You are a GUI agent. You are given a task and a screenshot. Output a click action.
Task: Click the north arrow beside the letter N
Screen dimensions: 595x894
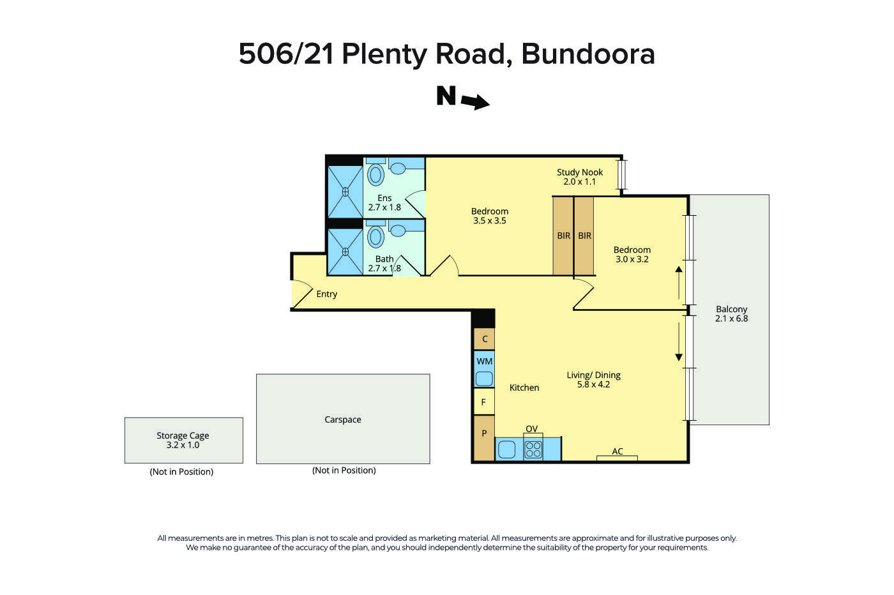(475, 102)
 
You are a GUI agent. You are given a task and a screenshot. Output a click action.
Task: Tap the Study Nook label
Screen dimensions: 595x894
(579, 177)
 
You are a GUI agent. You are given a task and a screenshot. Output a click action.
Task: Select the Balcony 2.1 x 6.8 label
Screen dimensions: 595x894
(731, 313)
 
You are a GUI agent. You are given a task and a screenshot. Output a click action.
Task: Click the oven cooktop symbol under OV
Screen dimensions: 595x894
(533, 449)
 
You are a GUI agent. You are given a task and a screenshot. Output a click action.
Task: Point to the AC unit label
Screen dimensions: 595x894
(617, 452)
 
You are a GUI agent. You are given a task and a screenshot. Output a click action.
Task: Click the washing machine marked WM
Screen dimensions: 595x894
(484, 370)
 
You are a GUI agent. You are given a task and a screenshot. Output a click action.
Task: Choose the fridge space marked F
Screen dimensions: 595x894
(483, 402)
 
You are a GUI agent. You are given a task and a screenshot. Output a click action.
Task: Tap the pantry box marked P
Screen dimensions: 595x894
(484, 434)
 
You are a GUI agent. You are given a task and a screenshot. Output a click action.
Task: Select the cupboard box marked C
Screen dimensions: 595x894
(485, 339)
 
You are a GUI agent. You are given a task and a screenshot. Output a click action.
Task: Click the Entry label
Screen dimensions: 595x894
(326, 294)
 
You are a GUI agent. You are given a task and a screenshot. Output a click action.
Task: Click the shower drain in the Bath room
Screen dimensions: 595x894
(345, 252)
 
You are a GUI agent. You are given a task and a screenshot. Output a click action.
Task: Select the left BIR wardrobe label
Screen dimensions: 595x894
(563, 236)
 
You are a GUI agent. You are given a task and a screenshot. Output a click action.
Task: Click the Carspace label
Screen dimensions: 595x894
(343, 419)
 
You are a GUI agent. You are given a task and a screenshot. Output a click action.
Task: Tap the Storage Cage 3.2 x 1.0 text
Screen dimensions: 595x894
(183, 440)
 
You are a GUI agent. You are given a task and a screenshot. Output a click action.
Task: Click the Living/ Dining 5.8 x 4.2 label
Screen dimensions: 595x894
(593, 380)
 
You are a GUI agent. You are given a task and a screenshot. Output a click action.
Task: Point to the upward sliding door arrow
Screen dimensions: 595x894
(679, 282)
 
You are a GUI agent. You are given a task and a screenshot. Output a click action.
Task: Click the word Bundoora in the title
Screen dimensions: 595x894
(587, 54)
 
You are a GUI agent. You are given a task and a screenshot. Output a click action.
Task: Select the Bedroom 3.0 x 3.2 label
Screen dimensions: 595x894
(632, 255)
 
